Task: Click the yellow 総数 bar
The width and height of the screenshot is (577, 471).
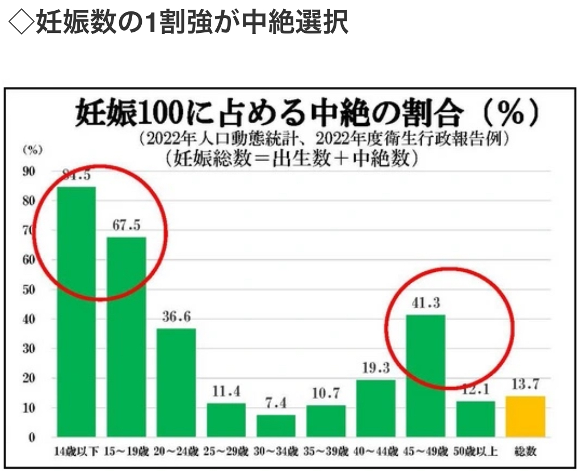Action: [525, 417]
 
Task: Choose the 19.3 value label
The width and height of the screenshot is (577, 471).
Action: [376, 368]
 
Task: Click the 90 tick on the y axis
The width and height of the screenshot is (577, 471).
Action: [29, 171]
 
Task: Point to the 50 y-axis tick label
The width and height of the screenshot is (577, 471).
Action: [29, 289]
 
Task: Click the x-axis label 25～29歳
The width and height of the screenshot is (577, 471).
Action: [226, 452]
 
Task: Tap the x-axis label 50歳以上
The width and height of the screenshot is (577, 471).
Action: [475, 452]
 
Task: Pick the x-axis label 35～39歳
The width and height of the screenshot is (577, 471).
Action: [326, 452]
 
